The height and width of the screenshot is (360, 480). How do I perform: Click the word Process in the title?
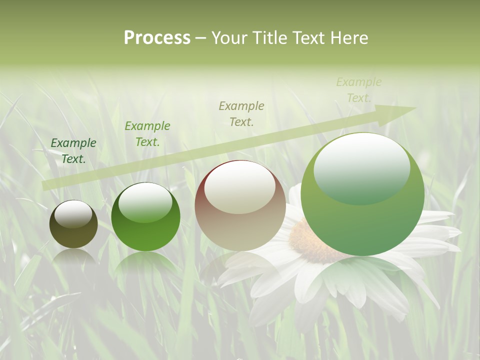[x=157, y=38]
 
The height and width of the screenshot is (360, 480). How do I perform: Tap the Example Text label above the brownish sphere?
[x=241, y=113]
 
